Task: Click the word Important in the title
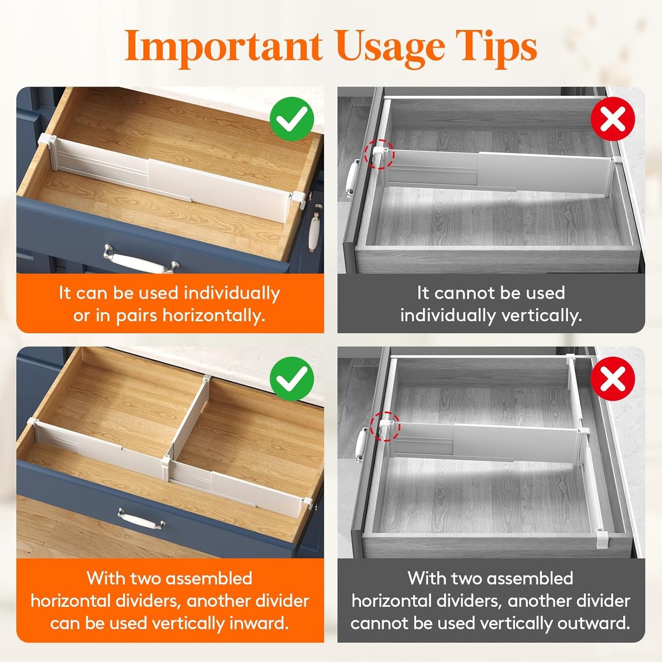[223, 46]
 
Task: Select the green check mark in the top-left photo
[292, 119]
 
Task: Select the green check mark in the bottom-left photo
[292, 379]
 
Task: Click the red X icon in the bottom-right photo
[613, 379]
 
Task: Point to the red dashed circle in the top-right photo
[379, 154]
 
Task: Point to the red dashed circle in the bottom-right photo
[385, 426]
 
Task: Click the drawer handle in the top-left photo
[141, 260]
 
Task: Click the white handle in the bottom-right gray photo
[361, 444]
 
